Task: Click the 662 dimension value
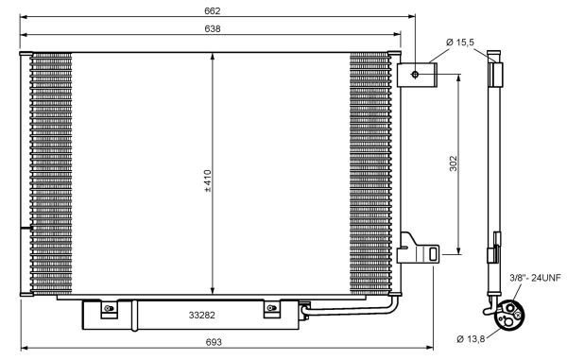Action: click(213, 10)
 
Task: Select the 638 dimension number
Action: click(213, 28)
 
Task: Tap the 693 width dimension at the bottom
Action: click(214, 341)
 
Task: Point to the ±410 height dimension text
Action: click(208, 180)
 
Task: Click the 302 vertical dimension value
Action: click(453, 163)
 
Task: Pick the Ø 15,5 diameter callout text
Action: click(460, 43)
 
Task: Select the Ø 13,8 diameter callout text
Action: click(471, 339)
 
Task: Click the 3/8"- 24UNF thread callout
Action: click(535, 278)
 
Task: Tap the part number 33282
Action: click(202, 316)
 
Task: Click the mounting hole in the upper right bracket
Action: click(415, 75)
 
